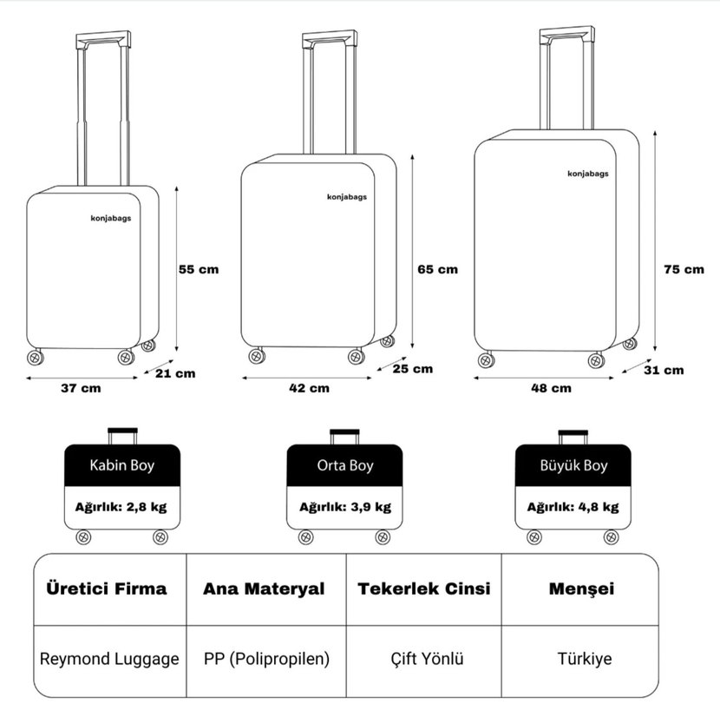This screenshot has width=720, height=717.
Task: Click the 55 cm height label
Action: (199, 269)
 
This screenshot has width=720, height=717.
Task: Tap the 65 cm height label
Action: (437, 269)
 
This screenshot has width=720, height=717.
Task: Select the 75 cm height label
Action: (684, 269)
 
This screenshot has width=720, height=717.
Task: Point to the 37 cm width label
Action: (81, 388)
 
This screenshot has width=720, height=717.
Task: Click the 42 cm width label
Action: (309, 388)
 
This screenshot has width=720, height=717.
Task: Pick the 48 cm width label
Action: (551, 388)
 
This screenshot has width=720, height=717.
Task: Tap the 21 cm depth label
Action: (175, 373)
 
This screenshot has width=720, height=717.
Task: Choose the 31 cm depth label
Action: (664, 370)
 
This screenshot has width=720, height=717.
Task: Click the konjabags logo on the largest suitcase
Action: (588, 174)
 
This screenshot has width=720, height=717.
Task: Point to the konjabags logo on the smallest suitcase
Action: (111, 219)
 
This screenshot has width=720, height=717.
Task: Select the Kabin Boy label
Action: (121, 465)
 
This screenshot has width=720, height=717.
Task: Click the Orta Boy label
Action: (345, 465)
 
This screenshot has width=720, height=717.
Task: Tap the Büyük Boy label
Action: (573, 465)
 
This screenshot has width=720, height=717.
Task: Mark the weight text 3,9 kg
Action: (371, 507)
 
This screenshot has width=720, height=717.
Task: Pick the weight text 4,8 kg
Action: (599, 507)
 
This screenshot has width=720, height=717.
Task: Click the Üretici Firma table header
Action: (106, 589)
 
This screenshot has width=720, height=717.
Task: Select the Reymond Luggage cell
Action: (109, 659)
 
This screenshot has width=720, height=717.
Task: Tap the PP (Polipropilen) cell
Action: (267, 659)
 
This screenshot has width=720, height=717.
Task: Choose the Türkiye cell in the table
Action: (585, 659)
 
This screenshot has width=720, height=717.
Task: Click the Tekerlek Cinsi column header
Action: (424, 589)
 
